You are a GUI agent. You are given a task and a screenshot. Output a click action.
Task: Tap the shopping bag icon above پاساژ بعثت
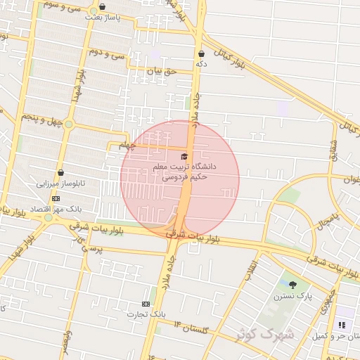[x=103, y=6]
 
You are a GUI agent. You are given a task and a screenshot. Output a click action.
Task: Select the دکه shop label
[x=201, y=63]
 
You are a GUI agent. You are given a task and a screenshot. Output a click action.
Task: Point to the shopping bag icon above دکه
[x=201, y=53]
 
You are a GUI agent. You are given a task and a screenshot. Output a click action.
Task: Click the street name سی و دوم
[x=107, y=53]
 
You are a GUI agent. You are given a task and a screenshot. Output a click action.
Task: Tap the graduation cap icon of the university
[x=184, y=156]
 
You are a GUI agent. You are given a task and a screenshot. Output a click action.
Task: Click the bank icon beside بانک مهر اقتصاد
[x=56, y=199]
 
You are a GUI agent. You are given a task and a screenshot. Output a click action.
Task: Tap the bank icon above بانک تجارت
[x=146, y=304]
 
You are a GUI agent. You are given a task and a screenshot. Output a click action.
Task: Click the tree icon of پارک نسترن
[x=292, y=285]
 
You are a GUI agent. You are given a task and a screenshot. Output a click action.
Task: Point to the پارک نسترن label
[x=293, y=297]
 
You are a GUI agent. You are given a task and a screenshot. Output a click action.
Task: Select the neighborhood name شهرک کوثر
[x=276, y=333]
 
